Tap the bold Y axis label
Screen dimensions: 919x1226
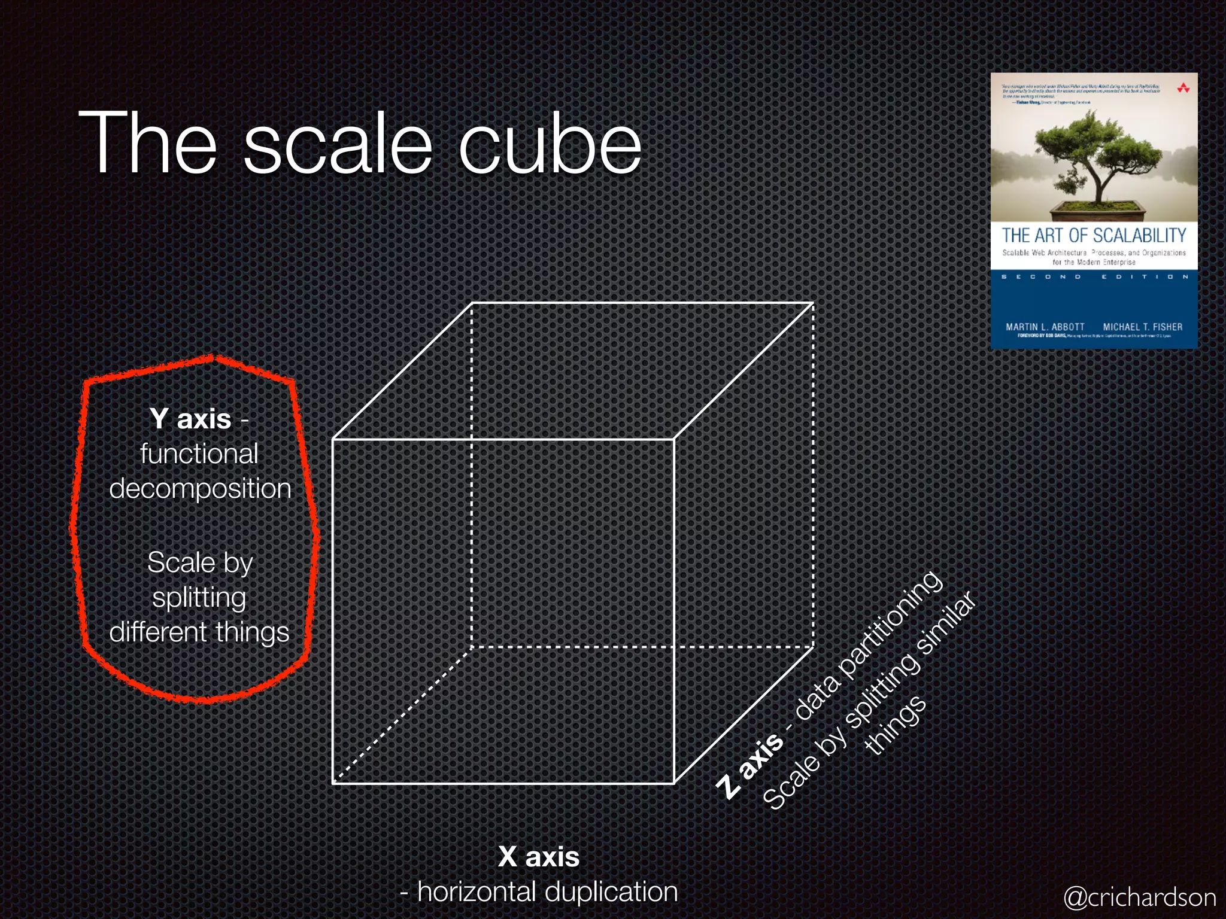(x=190, y=419)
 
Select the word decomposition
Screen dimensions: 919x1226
(x=200, y=489)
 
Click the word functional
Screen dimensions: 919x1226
(x=199, y=454)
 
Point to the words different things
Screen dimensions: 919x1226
(x=199, y=632)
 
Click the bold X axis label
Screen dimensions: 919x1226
(x=539, y=857)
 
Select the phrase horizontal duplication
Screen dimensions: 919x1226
(x=547, y=891)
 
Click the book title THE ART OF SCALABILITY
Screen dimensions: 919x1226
(x=1094, y=236)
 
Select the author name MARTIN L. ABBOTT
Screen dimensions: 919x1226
(x=1045, y=327)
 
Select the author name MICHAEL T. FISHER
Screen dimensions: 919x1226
(x=1142, y=327)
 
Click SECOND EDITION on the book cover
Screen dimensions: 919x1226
(x=1094, y=277)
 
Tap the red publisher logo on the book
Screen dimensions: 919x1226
(x=1183, y=89)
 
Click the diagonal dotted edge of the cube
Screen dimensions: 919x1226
(x=402, y=714)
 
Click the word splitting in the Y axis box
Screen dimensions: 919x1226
(x=199, y=598)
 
